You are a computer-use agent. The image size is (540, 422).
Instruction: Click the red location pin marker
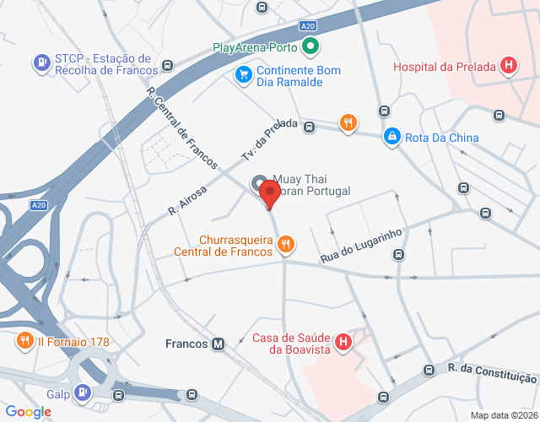tap(269, 193)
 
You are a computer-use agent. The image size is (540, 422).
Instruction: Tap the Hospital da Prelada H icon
tap(509, 65)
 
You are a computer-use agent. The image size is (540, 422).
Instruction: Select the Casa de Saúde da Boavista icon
tap(343, 343)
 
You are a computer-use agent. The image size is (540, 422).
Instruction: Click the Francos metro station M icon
tap(219, 344)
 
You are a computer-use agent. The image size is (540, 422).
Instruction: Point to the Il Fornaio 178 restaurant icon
tap(24, 341)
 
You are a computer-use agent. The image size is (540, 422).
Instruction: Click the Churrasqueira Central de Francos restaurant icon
tap(287, 244)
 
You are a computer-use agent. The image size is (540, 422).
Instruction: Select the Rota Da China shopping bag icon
tap(391, 137)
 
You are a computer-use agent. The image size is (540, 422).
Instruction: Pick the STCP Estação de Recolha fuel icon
tap(40, 62)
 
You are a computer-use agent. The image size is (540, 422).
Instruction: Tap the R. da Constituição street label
tap(492, 373)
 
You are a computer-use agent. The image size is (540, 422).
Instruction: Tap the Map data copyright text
tap(504, 415)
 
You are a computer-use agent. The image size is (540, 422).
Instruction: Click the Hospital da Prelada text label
tap(445, 67)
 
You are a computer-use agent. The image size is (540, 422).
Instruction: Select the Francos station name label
tap(186, 344)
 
